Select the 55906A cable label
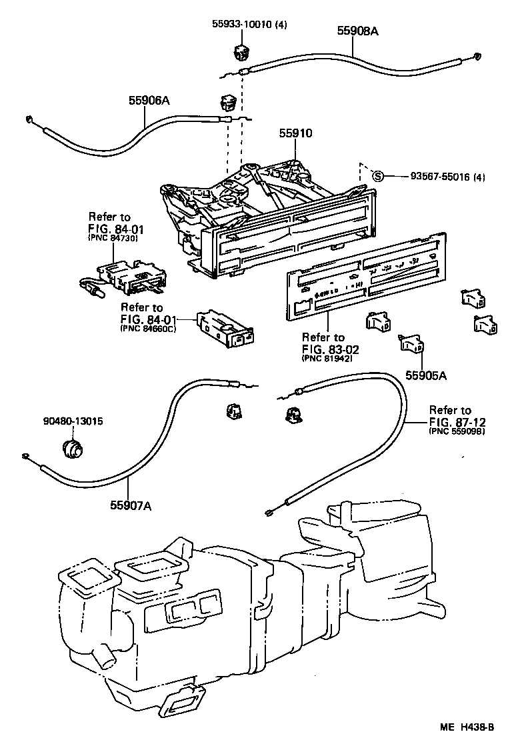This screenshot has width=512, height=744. (149, 101)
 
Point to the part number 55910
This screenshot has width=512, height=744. (295, 133)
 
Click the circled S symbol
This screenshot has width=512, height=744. (377, 176)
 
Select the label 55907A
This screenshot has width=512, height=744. (131, 505)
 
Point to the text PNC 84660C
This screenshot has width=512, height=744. (148, 329)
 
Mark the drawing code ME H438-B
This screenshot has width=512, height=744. (467, 727)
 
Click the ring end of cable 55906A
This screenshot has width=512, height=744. (30, 120)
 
